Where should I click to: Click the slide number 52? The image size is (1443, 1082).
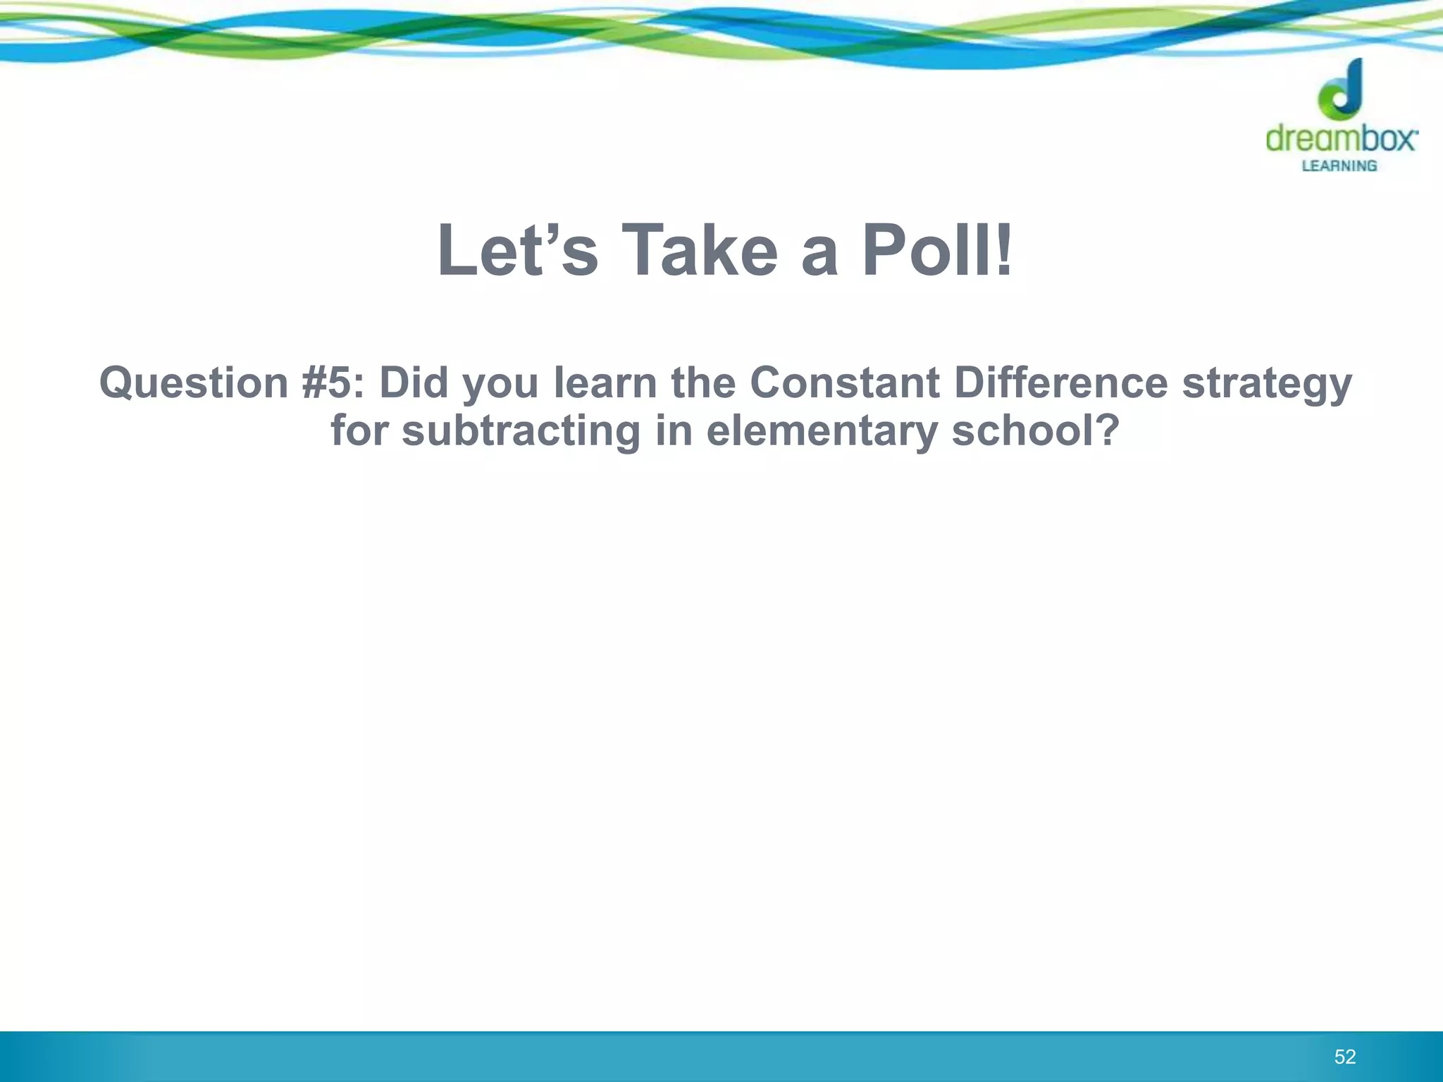coord(1344,1057)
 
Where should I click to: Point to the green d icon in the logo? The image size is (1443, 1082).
coord(1341,92)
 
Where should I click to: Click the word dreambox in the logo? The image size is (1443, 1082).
coord(1341,138)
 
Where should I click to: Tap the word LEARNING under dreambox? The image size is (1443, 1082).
coord(1339,166)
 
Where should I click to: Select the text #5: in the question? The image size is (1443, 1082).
coord(333,383)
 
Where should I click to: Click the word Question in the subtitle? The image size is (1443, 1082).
coord(194,383)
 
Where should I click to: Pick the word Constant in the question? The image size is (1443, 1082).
coord(844,383)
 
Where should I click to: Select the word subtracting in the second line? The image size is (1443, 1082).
coord(521,431)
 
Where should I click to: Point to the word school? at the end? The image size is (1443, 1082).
coord(1035,431)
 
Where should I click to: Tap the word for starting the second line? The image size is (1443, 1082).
coord(359,431)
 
